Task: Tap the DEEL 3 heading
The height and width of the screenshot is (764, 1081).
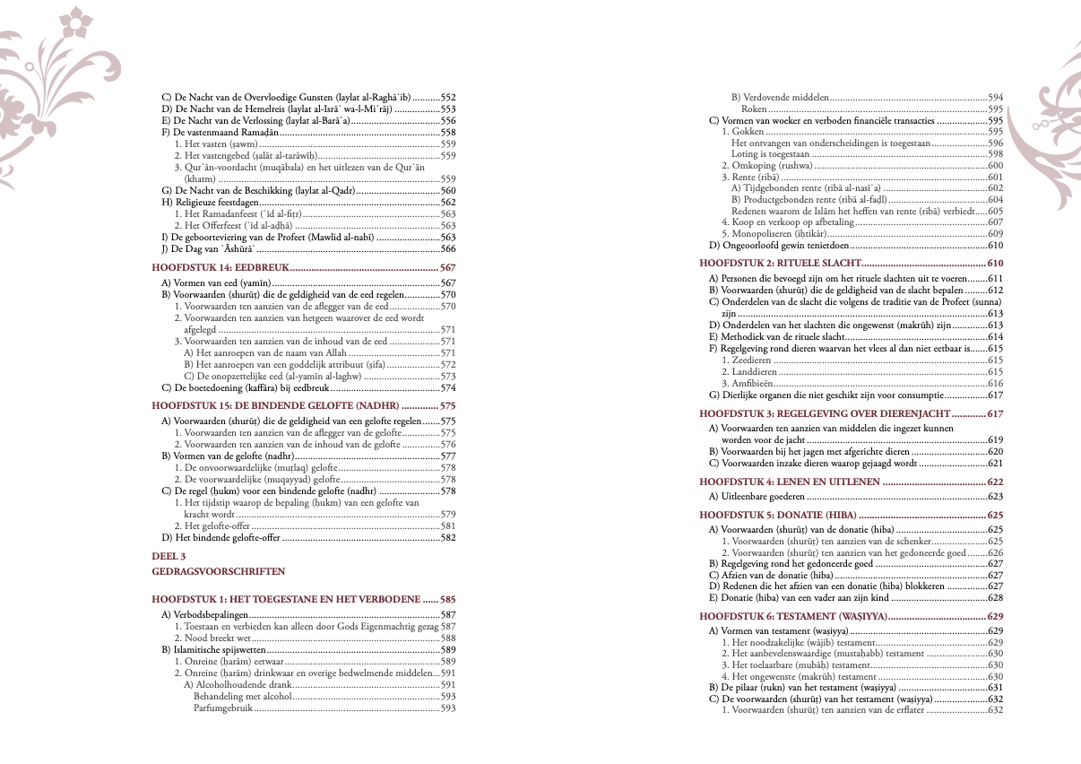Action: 169,556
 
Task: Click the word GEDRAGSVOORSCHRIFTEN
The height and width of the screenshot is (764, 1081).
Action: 219,570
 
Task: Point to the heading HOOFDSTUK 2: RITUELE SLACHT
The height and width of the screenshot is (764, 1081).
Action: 780,264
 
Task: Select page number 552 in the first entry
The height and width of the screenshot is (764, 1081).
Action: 448,97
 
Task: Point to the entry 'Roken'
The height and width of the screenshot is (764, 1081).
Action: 754,109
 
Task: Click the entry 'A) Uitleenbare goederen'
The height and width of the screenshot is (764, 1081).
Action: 757,496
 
